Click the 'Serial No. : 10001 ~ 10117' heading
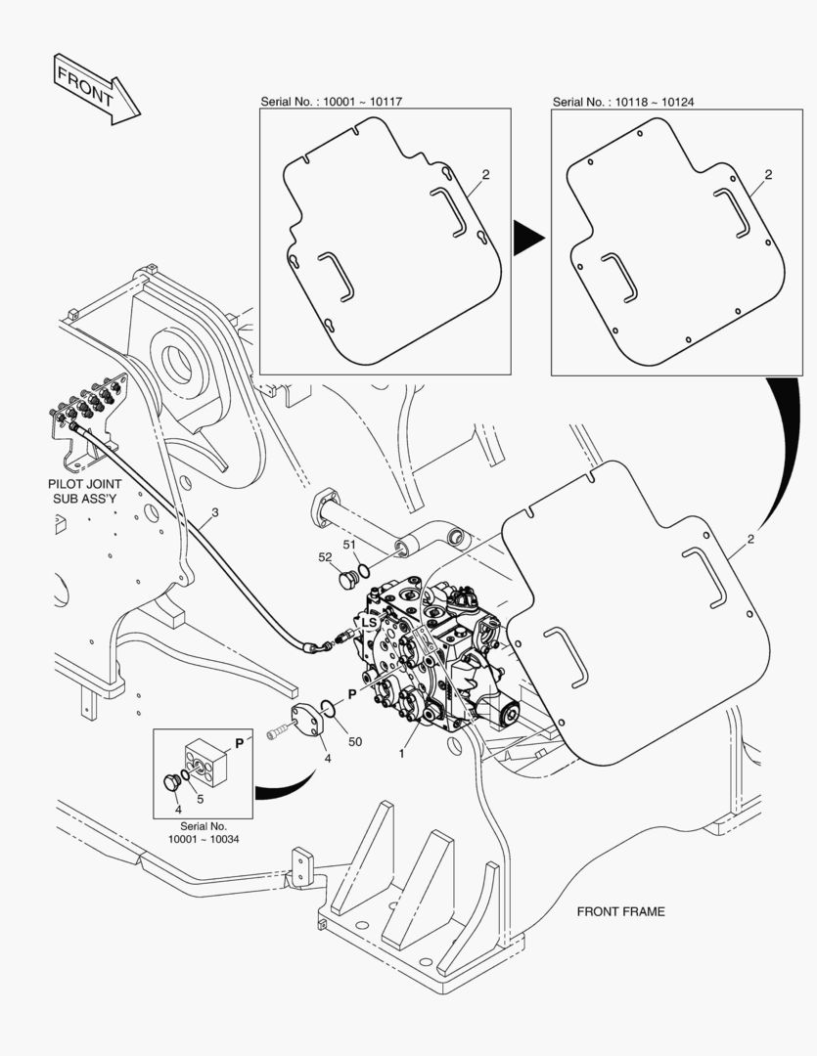coord(333,102)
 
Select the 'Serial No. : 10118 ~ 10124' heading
coord(623,102)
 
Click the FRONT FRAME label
coord(620,911)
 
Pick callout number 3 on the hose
coord(214,512)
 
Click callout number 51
coord(349,545)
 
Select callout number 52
coord(325,557)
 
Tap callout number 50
coord(354,742)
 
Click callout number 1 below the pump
coord(400,754)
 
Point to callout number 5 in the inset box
coord(201,798)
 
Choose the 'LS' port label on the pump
coord(369,623)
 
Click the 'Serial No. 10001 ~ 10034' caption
coord(204,833)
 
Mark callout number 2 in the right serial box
coord(768,175)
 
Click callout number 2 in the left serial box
coord(485,175)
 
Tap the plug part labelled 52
coord(344,582)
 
